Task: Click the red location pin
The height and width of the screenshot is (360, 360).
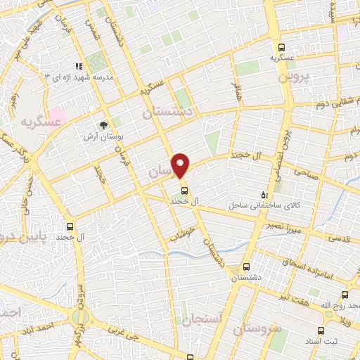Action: coord(181,165)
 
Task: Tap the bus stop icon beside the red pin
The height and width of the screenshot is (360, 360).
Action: coord(184,190)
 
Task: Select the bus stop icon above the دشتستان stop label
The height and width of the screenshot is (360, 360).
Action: coord(245,267)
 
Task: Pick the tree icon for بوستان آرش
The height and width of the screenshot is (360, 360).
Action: coord(104,125)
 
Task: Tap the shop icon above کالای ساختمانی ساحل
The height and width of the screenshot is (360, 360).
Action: coord(264,194)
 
